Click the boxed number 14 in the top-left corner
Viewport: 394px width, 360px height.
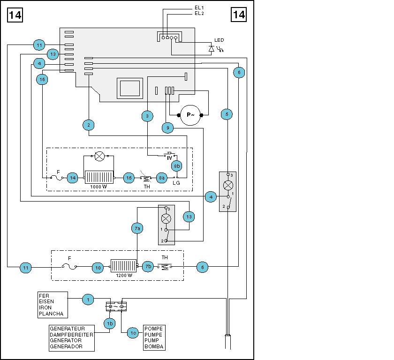[x=15, y=15]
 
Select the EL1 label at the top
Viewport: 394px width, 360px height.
[x=199, y=8]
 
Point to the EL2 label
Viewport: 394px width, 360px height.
[x=199, y=14]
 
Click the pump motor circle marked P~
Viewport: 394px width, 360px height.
[x=190, y=115]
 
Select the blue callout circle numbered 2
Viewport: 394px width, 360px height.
[x=88, y=125]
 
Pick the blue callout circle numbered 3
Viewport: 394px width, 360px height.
[x=147, y=115]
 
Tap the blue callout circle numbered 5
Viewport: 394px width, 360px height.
[x=227, y=114]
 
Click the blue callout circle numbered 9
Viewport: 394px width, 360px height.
[x=168, y=127]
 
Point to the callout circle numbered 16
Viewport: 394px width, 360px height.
[x=43, y=80]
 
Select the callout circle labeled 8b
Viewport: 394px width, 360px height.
[x=176, y=165]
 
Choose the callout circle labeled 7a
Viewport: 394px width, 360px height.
[x=137, y=228]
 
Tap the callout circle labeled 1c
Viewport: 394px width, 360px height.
[x=133, y=333]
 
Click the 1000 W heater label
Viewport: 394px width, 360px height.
[x=99, y=187]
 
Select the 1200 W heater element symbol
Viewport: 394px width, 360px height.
[x=123, y=266]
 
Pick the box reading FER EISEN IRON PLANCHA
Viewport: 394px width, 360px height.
[x=53, y=305]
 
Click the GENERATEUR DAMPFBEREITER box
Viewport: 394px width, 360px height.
[x=72, y=337]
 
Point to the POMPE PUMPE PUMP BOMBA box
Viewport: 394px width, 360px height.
[x=154, y=337]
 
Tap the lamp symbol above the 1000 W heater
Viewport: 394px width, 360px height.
[x=99, y=156]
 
